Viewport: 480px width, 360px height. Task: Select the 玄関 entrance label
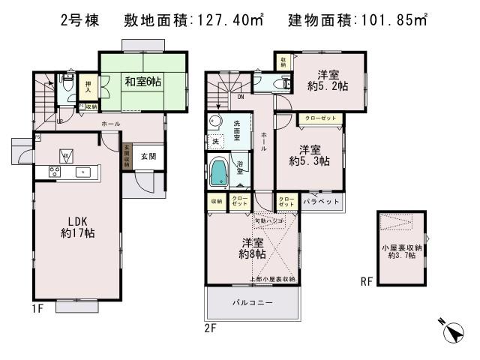point(148,157)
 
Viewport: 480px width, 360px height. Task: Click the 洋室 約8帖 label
point(252,248)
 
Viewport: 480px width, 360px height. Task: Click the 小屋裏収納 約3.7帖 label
point(402,252)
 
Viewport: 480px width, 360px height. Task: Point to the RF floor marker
point(366,283)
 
